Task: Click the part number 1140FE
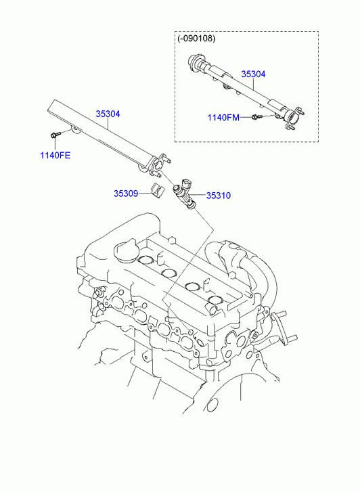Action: pos(55,156)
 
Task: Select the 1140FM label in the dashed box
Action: pos(223,118)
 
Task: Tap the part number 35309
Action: pos(126,194)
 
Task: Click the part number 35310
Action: pos(219,196)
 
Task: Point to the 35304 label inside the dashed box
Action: pos(253,74)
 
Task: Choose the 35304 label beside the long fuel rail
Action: pos(108,114)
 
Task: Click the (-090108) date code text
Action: pos(196,39)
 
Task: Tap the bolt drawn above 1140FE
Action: pos(53,135)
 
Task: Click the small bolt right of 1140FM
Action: pos(255,117)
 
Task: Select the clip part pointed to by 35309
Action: pos(156,191)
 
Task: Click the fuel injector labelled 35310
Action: pos(185,194)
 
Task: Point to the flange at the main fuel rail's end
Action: pos(158,165)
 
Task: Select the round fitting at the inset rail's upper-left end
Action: pos(195,61)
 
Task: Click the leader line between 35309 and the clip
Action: pos(144,194)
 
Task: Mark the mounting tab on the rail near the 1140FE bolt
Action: pos(74,129)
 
